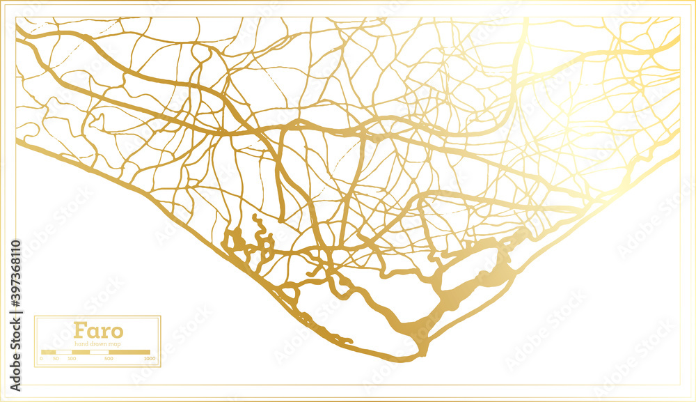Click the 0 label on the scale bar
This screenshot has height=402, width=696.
42,359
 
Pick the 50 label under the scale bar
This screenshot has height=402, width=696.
56,359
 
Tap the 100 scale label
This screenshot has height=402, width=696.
72,359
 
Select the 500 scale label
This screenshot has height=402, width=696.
109,359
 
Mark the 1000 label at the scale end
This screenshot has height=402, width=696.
149,359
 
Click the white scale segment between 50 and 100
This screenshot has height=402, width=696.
63,353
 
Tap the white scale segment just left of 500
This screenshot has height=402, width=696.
99,353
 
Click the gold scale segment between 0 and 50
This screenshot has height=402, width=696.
49,353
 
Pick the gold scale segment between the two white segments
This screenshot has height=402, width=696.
81,353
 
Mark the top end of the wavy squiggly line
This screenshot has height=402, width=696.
254,218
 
